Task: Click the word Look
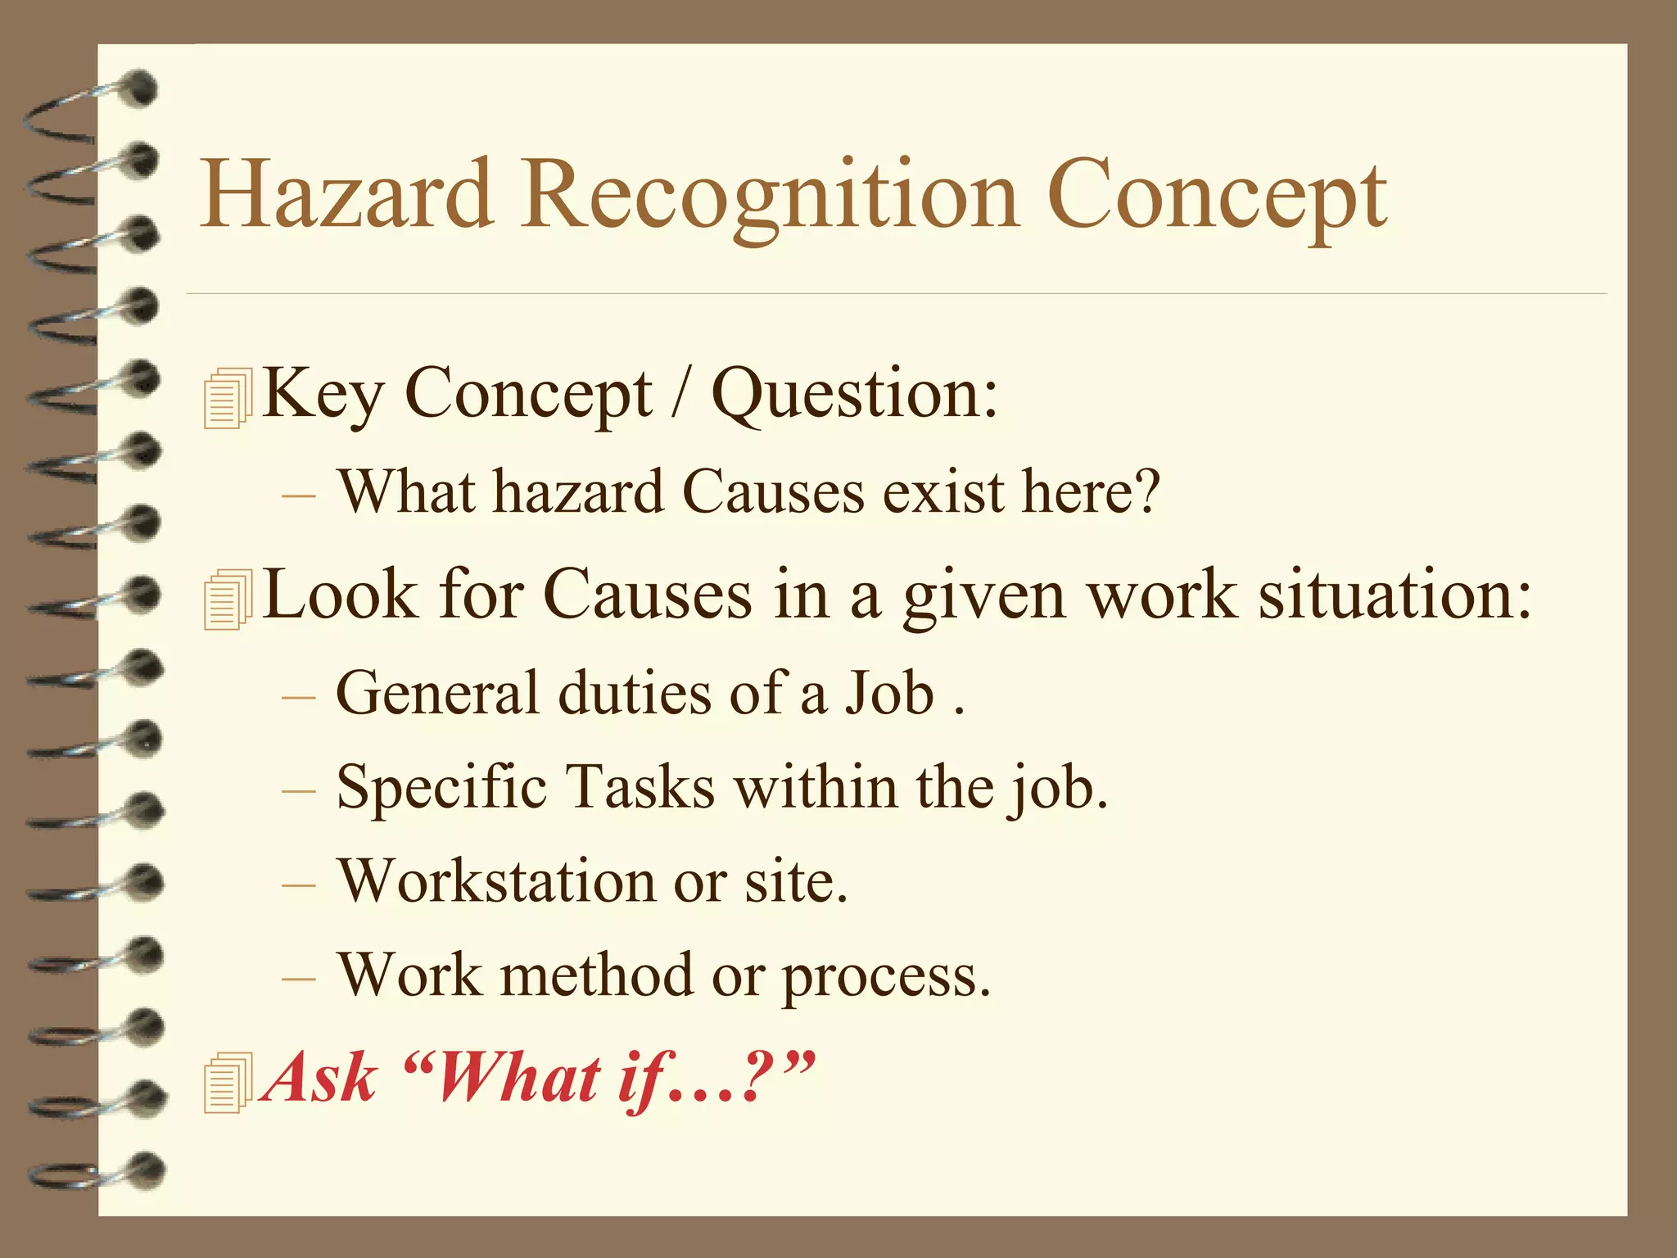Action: point(341,595)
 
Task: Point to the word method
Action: point(597,976)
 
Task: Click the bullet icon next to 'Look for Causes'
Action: point(227,600)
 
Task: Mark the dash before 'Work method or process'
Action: point(297,979)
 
